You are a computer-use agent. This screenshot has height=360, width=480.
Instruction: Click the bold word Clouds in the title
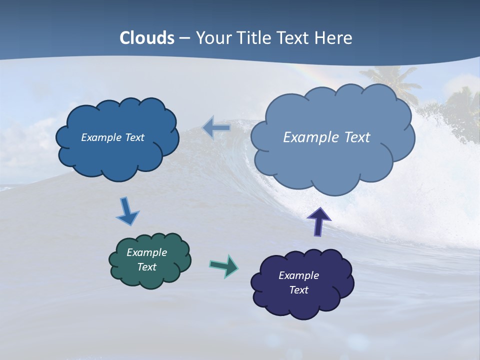pos(147,38)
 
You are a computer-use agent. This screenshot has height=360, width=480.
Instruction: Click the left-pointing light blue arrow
pos(216,128)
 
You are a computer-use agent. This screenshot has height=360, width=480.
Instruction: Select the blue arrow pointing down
pos(127,211)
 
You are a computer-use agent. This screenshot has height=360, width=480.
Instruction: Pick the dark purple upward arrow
pos(319,221)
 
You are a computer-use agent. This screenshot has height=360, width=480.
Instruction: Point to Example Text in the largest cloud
pos(326,137)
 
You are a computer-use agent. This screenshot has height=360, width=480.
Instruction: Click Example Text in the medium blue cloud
pos(112,137)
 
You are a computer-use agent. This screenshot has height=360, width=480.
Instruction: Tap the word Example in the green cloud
pos(146,252)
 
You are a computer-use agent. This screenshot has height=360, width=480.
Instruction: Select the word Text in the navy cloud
pos(298,290)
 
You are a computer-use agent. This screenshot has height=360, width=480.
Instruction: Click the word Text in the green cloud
pos(146,267)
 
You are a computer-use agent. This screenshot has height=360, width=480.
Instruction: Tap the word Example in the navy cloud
pos(298,275)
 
